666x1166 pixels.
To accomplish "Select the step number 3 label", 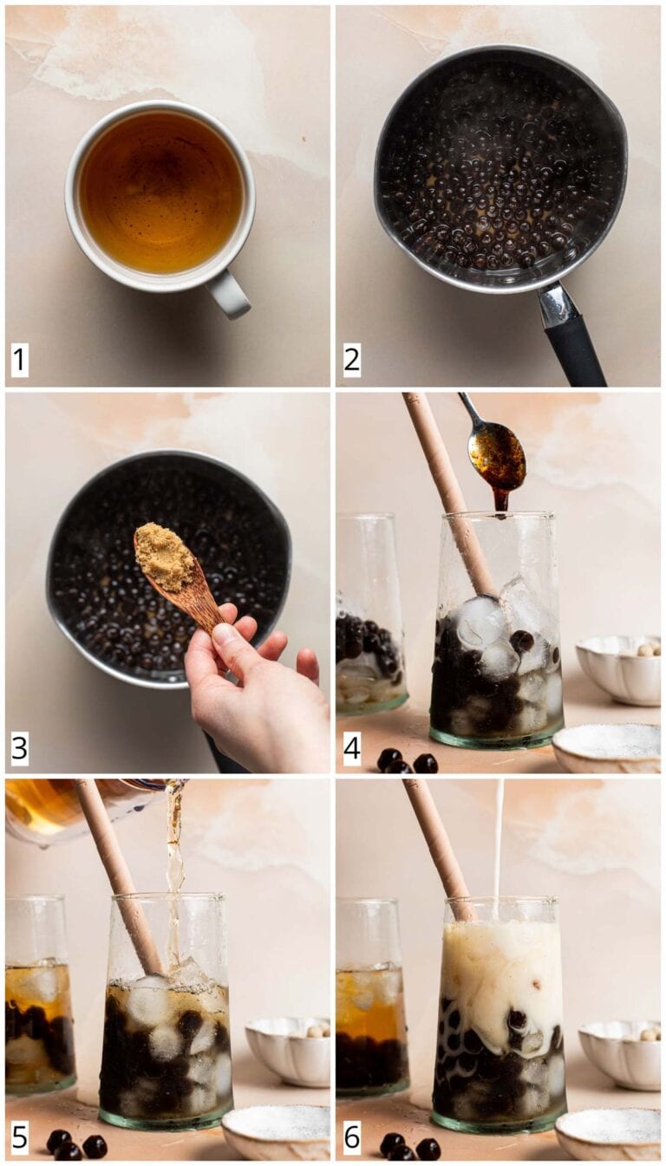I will coord(19,748).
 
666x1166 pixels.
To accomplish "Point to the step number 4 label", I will coord(351,748).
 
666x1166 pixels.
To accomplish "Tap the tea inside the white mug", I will coord(160,191).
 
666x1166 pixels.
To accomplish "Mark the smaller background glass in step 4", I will coord(369,616).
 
